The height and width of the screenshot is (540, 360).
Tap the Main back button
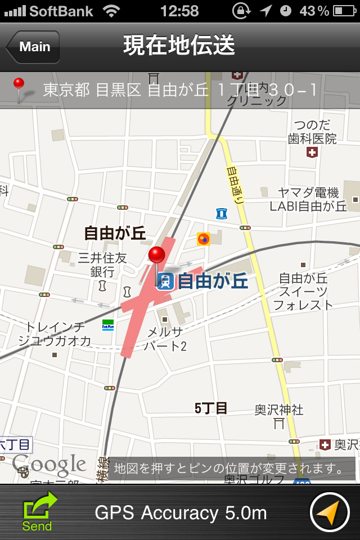click(33, 47)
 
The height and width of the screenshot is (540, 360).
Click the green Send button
click(38, 511)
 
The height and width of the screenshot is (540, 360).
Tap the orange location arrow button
click(330, 512)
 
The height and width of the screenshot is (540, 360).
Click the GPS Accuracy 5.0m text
click(181, 513)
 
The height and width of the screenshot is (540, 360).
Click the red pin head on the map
click(156, 254)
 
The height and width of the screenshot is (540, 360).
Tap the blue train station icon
click(165, 281)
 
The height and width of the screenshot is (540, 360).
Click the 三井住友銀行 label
click(102, 264)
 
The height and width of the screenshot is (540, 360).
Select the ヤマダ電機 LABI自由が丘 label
click(308, 199)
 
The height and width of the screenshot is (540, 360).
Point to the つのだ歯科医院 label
click(312, 131)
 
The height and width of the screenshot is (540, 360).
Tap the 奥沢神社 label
click(279, 409)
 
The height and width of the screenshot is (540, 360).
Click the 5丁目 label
click(211, 408)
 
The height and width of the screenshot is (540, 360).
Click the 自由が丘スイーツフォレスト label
click(303, 291)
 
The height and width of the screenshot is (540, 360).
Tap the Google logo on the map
click(49, 465)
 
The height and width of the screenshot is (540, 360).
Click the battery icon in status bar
click(344, 11)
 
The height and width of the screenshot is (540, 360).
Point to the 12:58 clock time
click(179, 11)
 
